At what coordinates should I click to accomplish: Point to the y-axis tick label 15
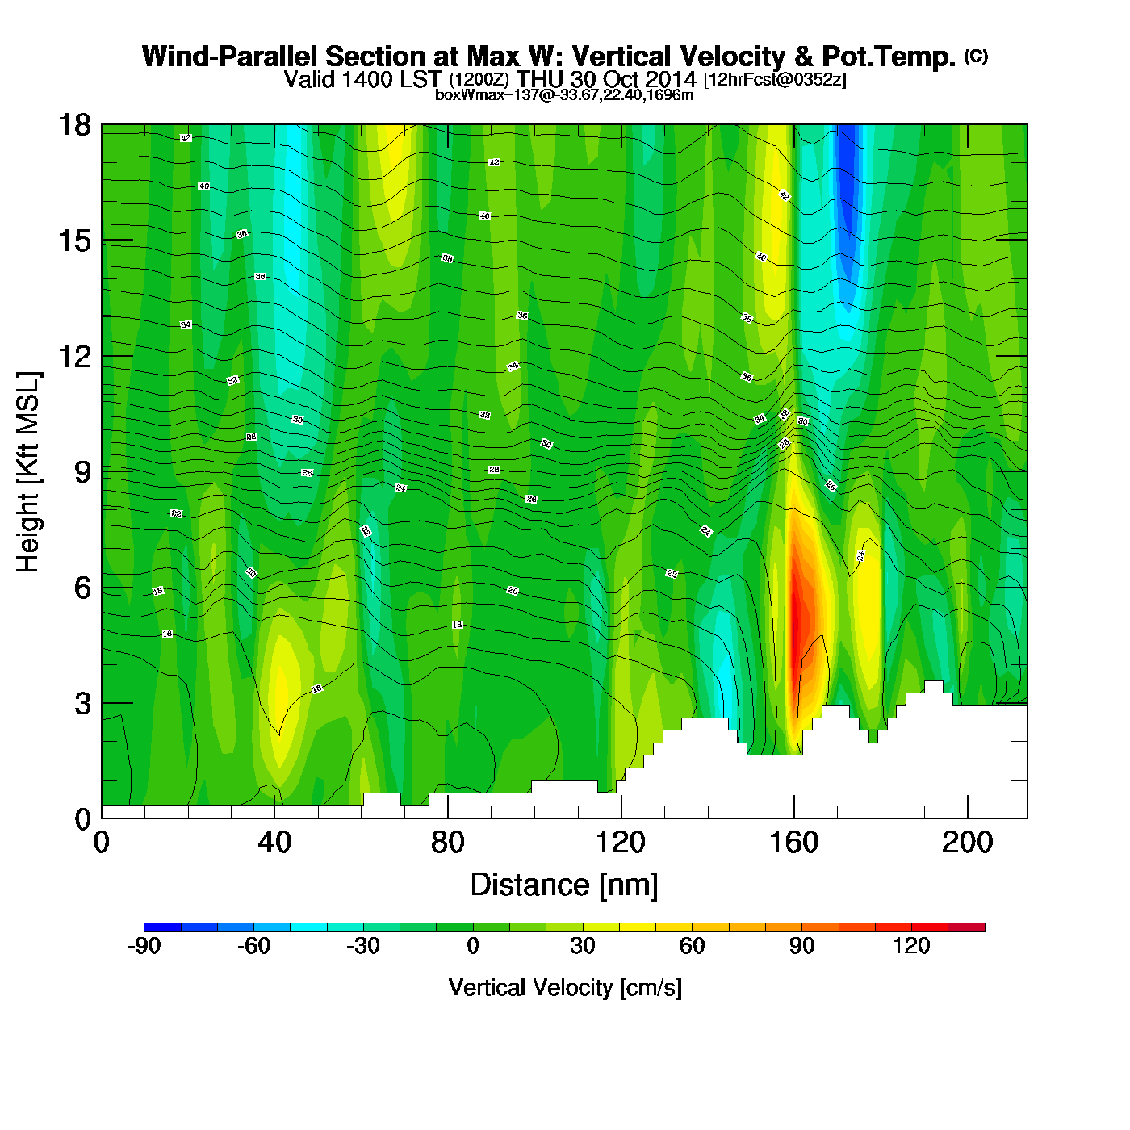click(x=73, y=241)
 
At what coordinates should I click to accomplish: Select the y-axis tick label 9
click(x=82, y=472)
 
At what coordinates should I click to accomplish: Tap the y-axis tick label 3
click(x=82, y=703)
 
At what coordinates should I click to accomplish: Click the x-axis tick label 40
click(x=274, y=843)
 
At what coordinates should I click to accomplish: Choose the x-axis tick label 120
click(x=621, y=843)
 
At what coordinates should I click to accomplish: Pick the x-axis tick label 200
click(x=967, y=843)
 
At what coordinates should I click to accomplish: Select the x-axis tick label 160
click(x=794, y=843)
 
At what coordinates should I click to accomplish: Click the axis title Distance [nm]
click(x=564, y=885)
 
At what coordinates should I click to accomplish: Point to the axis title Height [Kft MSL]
click(x=28, y=472)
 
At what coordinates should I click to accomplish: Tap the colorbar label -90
click(x=144, y=946)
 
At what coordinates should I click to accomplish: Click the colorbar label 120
click(x=911, y=946)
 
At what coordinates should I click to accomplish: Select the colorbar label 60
click(x=692, y=946)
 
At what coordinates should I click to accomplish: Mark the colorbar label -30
click(x=363, y=946)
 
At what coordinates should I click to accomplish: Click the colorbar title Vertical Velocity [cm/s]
click(x=565, y=988)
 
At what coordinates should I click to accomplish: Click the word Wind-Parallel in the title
click(x=231, y=56)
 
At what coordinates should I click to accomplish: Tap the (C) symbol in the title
click(x=976, y=56)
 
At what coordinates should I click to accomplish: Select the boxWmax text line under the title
click(x=564, y=94)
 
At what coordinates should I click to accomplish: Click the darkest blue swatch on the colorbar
click(x=162, y=927)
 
